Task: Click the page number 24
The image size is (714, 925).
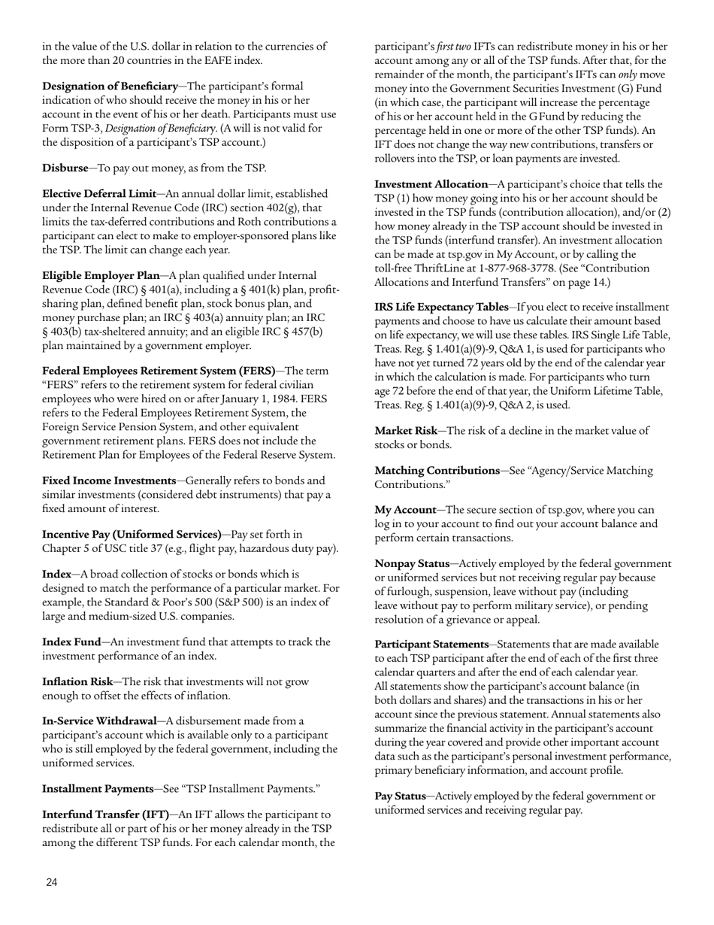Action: (51, 882)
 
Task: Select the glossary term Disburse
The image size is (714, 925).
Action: (65, 168)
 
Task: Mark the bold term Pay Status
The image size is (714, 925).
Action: (400, 796)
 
